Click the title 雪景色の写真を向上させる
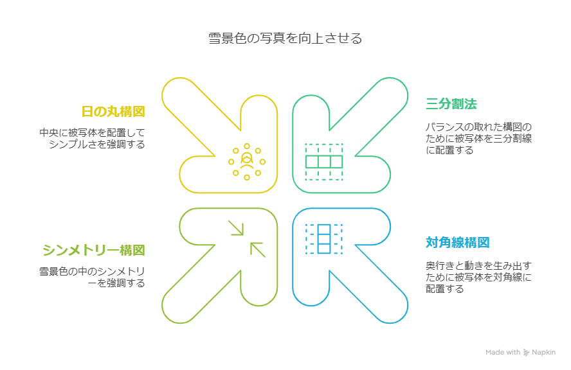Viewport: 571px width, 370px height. pyautogui.click(x=285, y=39)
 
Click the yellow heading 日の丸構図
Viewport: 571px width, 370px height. pyautogui.click(x=113, y=112)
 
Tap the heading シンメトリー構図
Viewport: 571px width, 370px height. pyautogui.click(x=93, y=250)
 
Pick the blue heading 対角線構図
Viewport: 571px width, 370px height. pyautogui.click(x=457, y=243)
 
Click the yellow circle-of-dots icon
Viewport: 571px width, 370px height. pyautogui.click(x=246, y=161)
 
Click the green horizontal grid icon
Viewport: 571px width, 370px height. pyautogui.click(x=323, y=162)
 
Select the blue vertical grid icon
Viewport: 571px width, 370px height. pyautogui.click(x=323, y=238)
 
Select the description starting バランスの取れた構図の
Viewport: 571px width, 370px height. pyautogui.click(x=479, y=139)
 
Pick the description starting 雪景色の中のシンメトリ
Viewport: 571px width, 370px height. pyautogui.click(x=92, y=277)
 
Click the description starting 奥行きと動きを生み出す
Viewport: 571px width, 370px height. pyautogui.click(x=478, y=277)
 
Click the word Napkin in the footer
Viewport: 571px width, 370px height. pyautogui.click(x=543, y=352)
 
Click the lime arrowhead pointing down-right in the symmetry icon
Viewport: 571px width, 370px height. pyautogui.click(x=237, y=229)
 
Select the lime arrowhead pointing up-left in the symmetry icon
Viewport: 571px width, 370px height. pyautogui.click(x=257, y=249)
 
